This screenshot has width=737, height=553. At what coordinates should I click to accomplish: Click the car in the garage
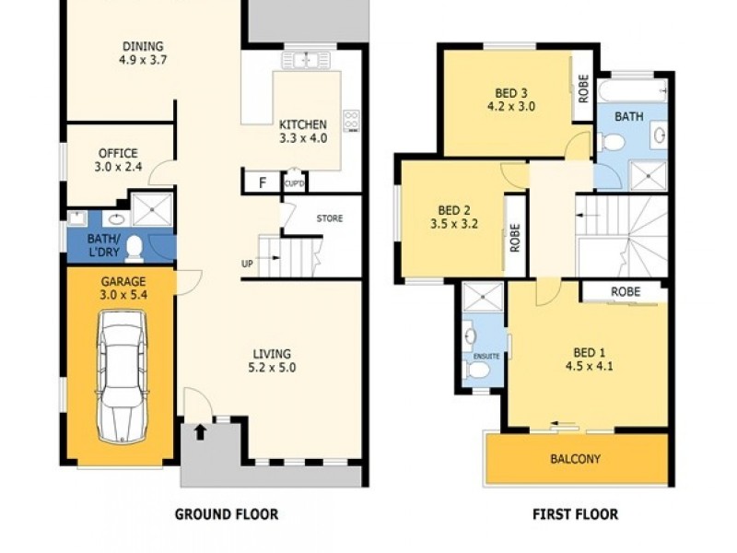122,376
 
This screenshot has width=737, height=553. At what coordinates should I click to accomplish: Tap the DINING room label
143,46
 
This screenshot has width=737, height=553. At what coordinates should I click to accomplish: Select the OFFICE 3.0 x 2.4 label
119,159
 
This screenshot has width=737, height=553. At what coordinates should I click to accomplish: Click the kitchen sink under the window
307,60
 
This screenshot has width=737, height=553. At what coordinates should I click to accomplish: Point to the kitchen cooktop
351,121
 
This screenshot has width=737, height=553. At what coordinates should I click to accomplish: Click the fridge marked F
263,182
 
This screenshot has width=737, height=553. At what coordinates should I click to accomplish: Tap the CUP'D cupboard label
294,183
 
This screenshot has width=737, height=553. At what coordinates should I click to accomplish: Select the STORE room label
330,218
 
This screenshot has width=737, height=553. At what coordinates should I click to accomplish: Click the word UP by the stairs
247,264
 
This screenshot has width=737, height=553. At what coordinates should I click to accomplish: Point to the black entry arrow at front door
200,431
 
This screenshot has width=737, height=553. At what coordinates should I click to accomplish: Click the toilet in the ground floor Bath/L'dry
135,249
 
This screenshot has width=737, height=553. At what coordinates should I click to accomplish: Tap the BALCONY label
575,458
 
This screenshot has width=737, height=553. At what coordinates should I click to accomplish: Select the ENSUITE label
486,356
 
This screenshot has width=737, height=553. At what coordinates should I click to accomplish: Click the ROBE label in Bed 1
626,291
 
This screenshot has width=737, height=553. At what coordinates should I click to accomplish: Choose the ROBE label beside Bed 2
515,238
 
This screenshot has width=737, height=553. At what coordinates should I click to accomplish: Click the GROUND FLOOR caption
227,514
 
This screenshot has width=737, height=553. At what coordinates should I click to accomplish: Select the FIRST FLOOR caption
575,514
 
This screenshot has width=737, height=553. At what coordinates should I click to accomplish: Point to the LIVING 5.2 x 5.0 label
272,360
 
